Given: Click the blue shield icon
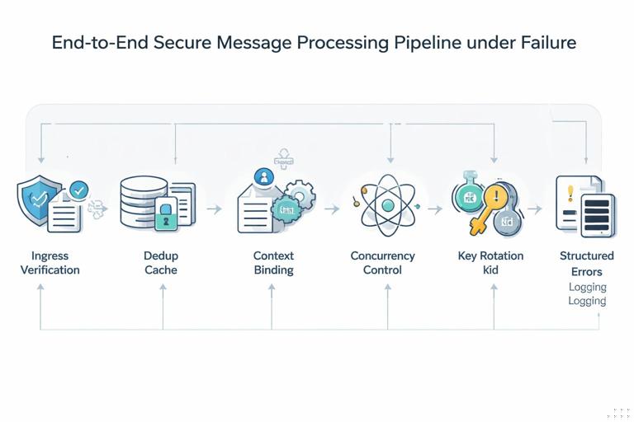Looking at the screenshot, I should click(x=38, y=199).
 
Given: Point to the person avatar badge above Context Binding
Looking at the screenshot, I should click(x=264, y=176).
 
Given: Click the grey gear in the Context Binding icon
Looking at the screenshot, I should click(x=301, y=195).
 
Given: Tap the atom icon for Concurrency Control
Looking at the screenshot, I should click(x=384, y=204).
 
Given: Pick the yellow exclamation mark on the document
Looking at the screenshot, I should click(x=570, y=194).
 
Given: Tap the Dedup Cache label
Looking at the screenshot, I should click(x=160, y=263).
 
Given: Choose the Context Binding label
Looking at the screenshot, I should click(x=273, y=263).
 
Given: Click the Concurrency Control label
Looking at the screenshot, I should click(x=382, y=263).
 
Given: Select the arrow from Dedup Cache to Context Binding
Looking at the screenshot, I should click(x=214, y=209).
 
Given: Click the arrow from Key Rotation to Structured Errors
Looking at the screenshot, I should click(x=535, y=209).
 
